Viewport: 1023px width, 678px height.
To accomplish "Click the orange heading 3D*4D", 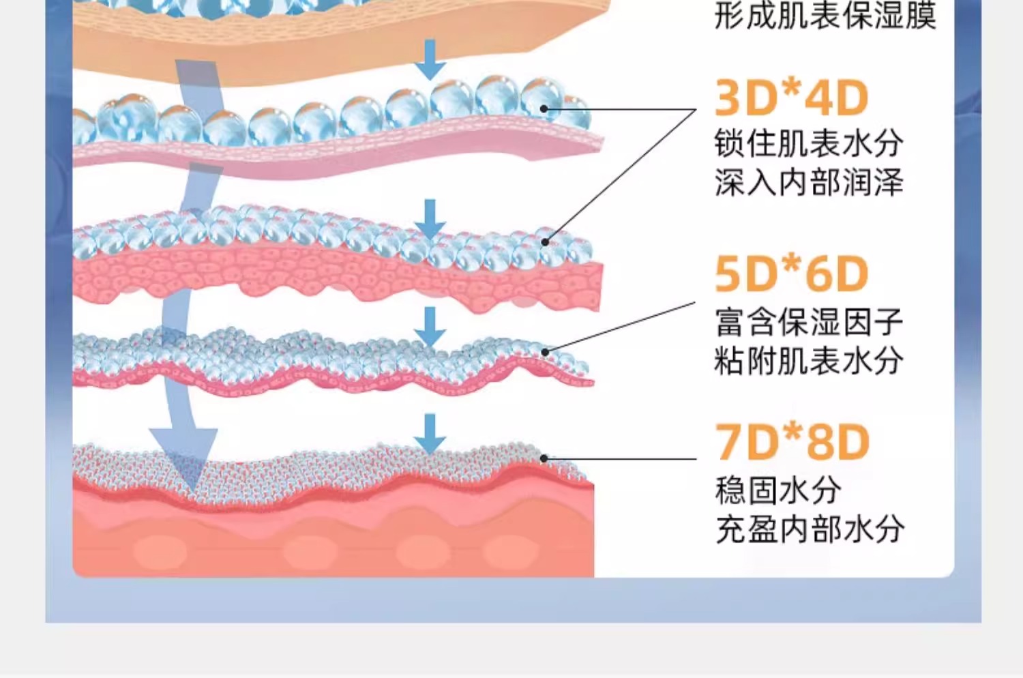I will tap(791, 98).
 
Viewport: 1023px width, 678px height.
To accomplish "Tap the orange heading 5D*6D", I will tap(791, 274).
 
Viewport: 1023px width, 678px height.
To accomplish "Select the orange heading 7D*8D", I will tap(792, 442).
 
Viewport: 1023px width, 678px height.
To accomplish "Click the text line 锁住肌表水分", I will tap(809, 144).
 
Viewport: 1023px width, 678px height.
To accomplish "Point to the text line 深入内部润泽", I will tap(809, 183).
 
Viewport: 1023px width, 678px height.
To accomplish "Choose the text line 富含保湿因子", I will tap(809, 322).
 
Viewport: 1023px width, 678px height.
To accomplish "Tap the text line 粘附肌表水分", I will tap(809, 361).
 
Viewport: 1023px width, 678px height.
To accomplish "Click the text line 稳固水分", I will tap(777, 490).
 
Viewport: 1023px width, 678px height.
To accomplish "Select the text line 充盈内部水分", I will tap(810, 529).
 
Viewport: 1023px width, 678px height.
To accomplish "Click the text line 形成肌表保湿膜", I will tap(825, 15).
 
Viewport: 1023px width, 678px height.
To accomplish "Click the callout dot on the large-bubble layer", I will tap(544, 108).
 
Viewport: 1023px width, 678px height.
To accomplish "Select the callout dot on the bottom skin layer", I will tap(544, 458).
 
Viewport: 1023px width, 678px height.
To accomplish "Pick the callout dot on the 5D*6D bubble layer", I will tap(546, 353).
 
